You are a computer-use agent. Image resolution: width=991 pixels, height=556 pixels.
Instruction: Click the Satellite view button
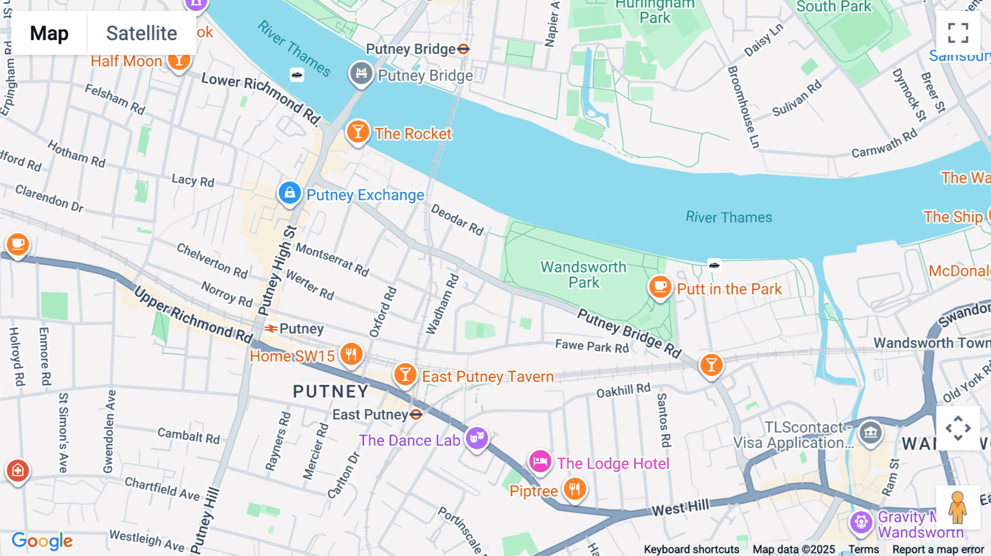141,34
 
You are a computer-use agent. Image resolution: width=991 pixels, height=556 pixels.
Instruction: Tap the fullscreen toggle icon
958,33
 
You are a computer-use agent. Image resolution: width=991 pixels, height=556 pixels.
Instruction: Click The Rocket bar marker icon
358,132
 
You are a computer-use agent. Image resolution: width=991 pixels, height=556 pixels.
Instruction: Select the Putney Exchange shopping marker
290,193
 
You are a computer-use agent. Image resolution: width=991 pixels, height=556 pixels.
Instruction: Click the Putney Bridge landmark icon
361,73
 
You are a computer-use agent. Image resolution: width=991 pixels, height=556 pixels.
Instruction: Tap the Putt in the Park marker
660,287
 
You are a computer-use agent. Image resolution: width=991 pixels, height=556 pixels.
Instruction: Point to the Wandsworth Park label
584,275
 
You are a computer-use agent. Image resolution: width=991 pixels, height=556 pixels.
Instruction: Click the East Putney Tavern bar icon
405,375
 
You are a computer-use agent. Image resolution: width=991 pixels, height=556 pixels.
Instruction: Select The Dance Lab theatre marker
477,439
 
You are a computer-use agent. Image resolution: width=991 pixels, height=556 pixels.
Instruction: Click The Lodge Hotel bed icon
540,461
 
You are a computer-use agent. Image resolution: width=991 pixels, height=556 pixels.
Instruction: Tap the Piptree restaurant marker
575,488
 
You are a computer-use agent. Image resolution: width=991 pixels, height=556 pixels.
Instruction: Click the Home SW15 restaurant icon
351,354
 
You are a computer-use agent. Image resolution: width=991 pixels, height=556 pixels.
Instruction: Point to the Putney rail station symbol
270,329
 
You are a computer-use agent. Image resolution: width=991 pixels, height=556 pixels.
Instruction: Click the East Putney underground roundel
416,415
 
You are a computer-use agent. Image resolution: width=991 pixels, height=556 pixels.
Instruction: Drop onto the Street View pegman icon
958,508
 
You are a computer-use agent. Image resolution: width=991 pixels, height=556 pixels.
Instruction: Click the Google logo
42,541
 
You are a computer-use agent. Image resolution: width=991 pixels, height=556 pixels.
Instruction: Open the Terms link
863,549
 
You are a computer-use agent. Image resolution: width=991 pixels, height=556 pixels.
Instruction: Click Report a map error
938,549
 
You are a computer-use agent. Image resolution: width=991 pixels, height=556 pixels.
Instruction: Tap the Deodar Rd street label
457,220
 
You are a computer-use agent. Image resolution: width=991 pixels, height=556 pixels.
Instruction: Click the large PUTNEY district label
330,391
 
